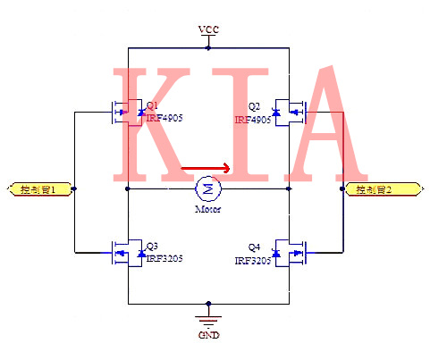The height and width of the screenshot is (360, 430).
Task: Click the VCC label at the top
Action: point(207,29)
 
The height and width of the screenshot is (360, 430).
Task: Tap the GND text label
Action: point(207,336)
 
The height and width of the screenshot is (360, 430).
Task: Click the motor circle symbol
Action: point(208,188)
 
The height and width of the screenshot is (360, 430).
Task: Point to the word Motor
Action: point(208,209)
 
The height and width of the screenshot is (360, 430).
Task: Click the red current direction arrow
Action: point(207,167)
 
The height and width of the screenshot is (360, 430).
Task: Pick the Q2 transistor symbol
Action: point(290,112)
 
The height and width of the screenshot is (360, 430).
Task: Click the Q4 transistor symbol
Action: point(290,254)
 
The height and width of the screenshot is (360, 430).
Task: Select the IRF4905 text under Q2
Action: point(253,119)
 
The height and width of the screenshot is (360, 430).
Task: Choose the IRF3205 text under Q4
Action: point(253,260)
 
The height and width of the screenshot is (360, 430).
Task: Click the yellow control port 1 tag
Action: point(38,189)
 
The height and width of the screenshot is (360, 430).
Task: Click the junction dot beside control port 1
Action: point(74,189)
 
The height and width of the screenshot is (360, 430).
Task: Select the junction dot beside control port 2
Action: point(344,189)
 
